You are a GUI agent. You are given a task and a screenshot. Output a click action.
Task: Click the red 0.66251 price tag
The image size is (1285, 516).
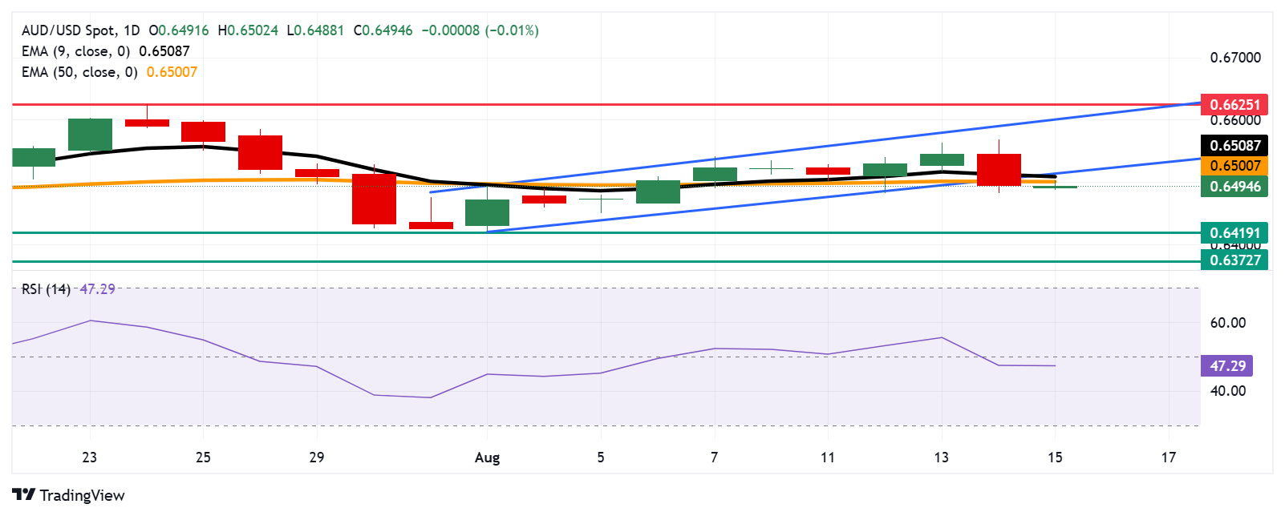click(x=1234, y=104)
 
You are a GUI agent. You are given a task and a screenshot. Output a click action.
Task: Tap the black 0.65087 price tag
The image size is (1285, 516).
click(x=1234, y=145)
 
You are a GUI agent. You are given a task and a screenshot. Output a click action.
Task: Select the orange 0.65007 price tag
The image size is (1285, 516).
click(x=1234, y=166)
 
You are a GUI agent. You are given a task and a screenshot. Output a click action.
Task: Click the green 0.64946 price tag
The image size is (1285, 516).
click(x=1234, y=187)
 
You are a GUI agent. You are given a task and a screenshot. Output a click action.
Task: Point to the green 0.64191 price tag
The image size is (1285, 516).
click(x=1234, y=233)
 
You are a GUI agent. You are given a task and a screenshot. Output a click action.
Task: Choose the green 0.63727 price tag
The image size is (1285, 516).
click(x=1234, y=260)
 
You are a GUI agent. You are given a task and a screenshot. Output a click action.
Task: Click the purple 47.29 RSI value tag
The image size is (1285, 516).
click(x=1227, y=365)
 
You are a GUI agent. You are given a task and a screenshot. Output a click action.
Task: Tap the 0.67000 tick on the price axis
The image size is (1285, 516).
click(x=1234, y=58)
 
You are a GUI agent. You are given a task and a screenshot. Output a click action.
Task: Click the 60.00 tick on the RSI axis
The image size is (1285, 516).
click(x=1227, y=323)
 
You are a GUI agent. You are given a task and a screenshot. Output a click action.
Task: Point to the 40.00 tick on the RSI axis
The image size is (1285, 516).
click(x=1227, y=391)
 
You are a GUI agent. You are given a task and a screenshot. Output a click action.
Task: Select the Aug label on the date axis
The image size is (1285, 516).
click(x=487, y=458)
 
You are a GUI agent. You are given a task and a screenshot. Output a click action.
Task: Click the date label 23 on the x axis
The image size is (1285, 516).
click(x=89, y=458)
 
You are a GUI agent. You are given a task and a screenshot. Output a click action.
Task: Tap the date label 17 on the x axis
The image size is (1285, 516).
click(x=1168, y=458)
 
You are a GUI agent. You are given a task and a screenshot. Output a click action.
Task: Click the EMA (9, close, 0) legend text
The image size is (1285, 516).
click(x=75, y=51)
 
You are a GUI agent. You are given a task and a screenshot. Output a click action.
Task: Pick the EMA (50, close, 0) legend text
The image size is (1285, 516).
click(x=79, y=72)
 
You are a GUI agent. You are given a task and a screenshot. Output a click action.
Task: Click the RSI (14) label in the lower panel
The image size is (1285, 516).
click(x=46, y=289)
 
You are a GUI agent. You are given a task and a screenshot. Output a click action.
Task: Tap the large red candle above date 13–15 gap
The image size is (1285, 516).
click(x=999, y=169)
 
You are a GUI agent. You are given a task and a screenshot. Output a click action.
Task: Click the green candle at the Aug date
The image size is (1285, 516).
click(x=487, y=212)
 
